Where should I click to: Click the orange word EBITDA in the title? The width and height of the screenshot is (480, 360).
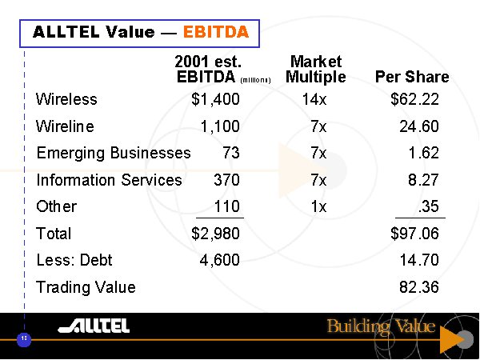pos(216,33)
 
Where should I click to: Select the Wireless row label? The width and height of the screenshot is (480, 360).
pos(66,100)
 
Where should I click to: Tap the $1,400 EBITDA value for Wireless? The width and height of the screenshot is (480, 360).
pos(215,100)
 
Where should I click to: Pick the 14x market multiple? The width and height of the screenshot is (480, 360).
pos(318,100)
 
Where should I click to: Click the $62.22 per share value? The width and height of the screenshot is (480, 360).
pos(414,100)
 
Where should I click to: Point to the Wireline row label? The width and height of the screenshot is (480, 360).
pos(65,126)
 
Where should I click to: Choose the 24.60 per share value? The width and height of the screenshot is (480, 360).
pos(419,126)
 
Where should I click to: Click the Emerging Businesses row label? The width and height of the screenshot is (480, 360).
pos(114,153)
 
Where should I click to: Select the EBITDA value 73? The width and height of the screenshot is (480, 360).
pos(231,153)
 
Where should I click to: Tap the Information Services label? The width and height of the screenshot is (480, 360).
pos(109,180)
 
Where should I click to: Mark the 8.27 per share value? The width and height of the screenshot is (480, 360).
pos(423,180)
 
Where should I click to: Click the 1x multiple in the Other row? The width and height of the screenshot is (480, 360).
pos(318,206)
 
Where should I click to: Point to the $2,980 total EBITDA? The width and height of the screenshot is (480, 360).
pos(215,234)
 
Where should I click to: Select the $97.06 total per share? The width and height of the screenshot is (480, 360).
pos(414,234)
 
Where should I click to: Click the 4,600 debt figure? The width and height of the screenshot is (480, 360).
pos(219,260)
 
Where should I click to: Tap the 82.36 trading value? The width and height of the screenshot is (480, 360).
pos(419,286)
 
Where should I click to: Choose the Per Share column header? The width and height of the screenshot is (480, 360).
pos(411,78)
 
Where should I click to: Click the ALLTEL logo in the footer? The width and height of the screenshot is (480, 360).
pos(94,326)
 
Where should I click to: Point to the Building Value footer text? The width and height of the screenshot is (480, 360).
pos(381,326)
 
